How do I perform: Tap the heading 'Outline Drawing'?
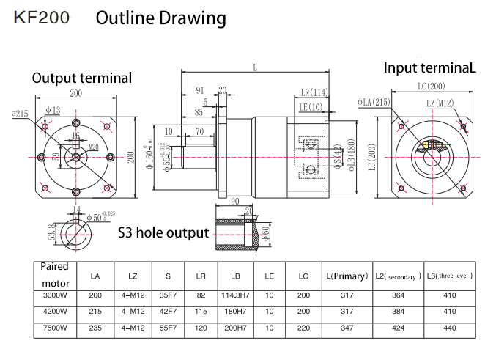click(161, 18)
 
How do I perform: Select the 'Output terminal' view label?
click(82, 78)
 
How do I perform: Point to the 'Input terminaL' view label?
click(430, 68)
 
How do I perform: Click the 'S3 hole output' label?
click(163, 233)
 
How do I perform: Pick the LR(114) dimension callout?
click(314, 92)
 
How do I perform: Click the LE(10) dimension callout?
click(312, 107)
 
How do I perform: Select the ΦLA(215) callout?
click(374, 103)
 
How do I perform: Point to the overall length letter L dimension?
click(255, 67)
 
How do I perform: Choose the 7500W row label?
click(55, 328)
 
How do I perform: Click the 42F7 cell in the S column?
click(168, 312)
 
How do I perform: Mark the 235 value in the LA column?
click(95, 328)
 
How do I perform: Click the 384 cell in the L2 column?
click(398, 312)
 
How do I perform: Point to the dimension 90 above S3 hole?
click(235, 201)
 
